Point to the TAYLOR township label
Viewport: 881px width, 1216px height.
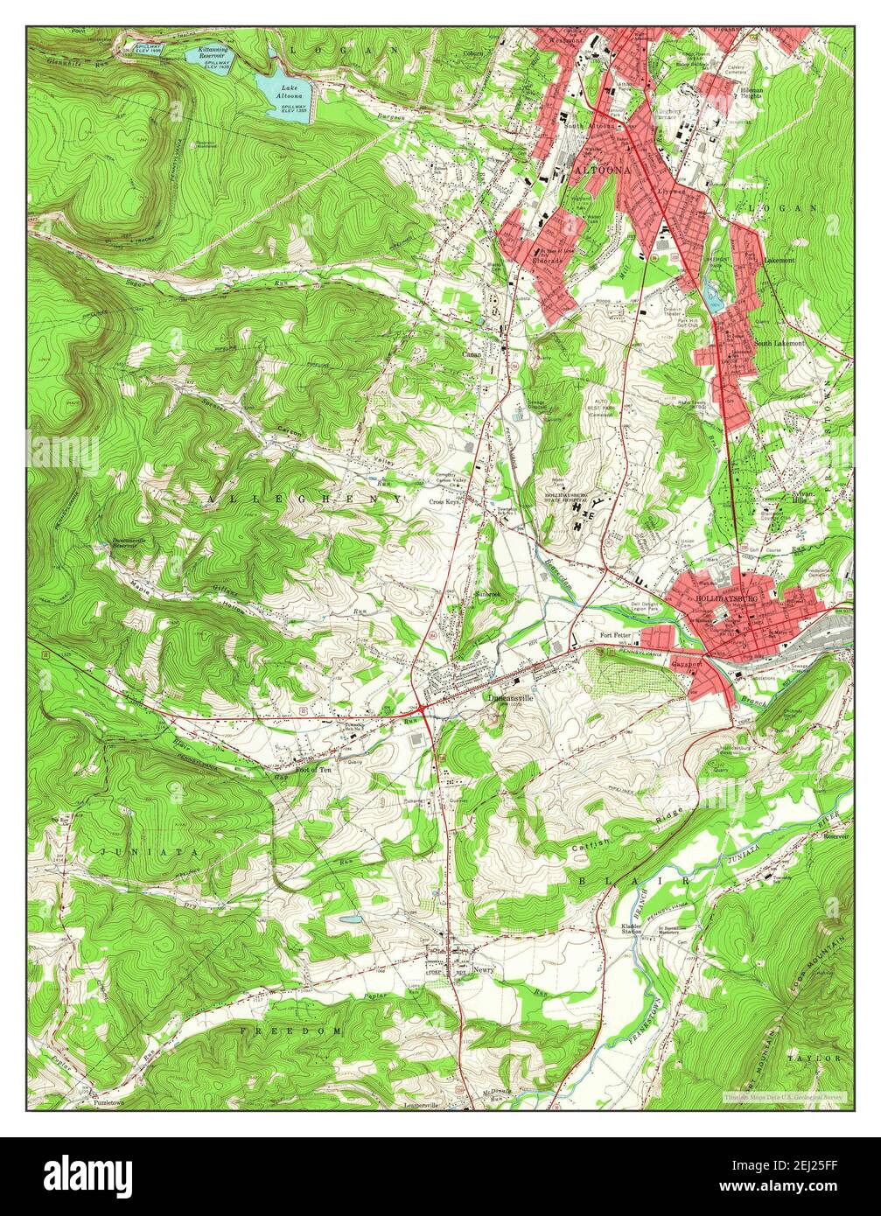813,1058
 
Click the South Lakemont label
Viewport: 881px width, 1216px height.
780,344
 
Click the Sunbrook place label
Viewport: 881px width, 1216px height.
486,594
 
